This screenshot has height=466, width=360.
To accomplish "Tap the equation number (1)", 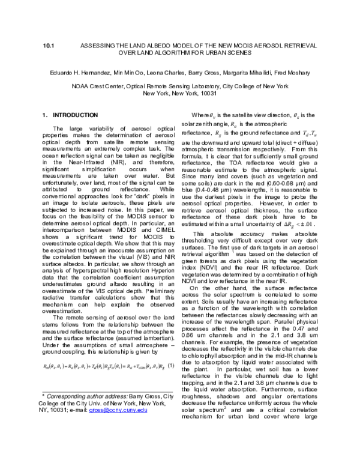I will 172,366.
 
